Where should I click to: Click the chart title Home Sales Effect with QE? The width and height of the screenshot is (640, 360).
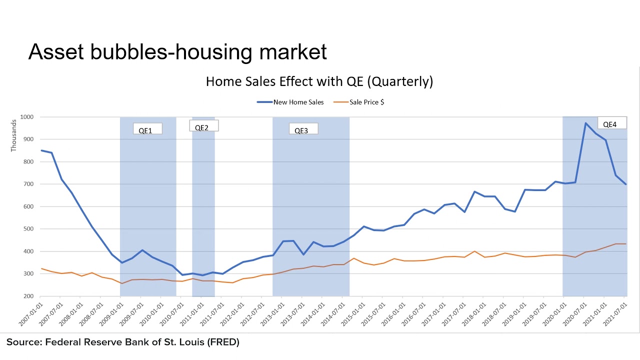tap(319, 81)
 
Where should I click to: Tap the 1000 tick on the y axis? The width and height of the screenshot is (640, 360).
tap(26, 117)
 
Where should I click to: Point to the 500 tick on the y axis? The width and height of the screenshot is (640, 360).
tap(28, 229)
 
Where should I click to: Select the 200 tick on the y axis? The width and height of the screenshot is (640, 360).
tap(28, 296)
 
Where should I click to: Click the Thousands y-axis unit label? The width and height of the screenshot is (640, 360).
tap(13, 135)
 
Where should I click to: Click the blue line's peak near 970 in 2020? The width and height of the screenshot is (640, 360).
tap(585, 123)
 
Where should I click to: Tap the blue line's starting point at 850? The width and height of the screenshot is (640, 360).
tap(41, 150)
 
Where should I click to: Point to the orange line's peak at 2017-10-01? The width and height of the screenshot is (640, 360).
tap(474, 251)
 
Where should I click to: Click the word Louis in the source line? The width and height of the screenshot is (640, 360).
tap(185, 342)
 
